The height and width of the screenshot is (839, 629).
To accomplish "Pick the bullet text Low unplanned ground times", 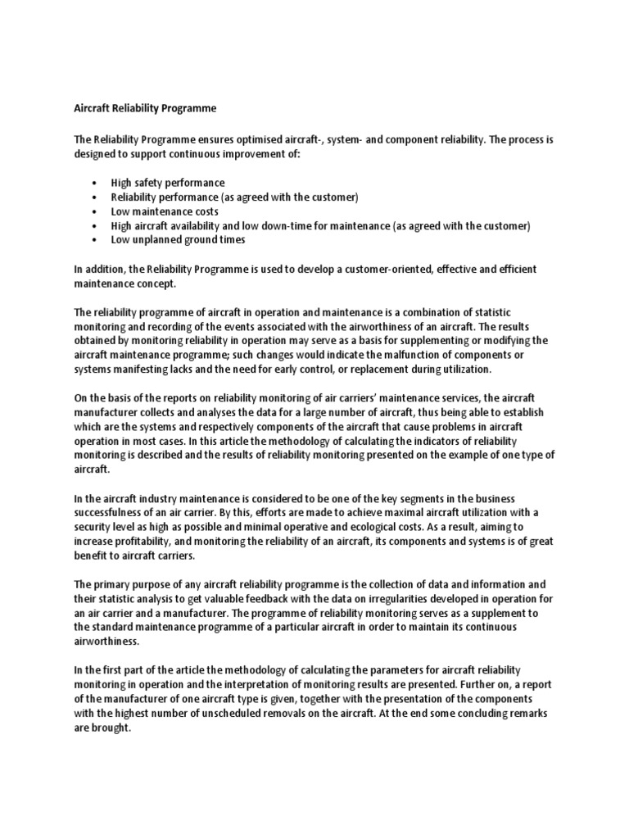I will point(178,240).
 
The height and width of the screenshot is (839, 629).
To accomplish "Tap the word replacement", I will point(388,369).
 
